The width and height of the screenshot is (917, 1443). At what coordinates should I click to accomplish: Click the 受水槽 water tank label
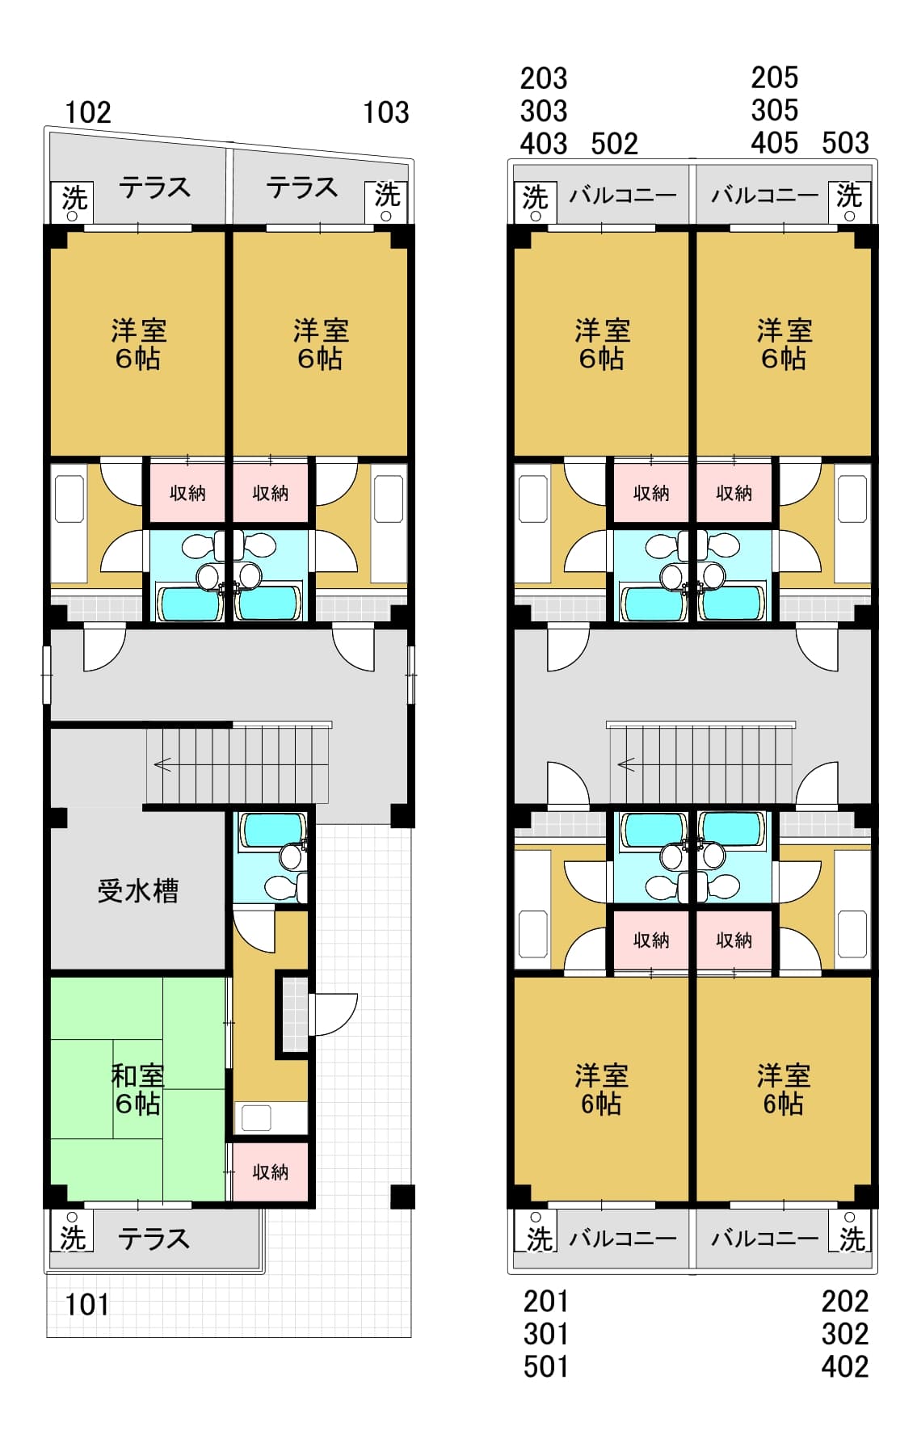[137, 890]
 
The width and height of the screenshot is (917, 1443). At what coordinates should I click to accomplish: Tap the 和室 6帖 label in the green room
[137, 1089]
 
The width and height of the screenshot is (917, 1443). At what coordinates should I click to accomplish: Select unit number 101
[86, 1303]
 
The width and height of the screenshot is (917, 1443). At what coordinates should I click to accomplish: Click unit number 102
[87, 112]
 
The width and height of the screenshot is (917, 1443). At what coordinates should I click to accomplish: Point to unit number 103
[385, 112]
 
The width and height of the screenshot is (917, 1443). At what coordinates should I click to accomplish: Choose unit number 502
[614, 144]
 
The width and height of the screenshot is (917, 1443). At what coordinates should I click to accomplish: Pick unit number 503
[845, 143]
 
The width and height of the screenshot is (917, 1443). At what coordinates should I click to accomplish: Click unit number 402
[844, 1366]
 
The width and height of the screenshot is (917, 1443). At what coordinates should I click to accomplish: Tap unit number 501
[545, 1366]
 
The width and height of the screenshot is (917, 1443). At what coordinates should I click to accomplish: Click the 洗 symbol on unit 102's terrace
[74, 198]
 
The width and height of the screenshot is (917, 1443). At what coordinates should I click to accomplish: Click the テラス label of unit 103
[302, 188]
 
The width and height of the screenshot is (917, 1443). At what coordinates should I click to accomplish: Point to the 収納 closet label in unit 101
[270, 1172]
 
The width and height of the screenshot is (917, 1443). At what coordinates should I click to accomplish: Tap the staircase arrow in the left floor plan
[162, 764]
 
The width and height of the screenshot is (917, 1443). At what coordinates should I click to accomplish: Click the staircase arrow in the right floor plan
[626, 764]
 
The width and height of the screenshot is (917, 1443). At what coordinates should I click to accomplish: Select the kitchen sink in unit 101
[257, 1117]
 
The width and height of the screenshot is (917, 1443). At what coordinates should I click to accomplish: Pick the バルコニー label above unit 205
[764, 195]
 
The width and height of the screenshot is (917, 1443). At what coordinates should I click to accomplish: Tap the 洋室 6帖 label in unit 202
[783, 1089]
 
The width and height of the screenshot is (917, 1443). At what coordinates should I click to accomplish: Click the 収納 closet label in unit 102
[187, 493]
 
